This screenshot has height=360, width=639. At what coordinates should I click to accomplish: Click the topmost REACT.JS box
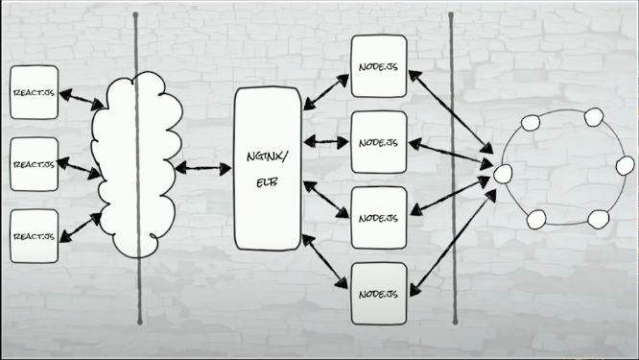(35, 92)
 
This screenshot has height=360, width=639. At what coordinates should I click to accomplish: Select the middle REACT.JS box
(35, 165)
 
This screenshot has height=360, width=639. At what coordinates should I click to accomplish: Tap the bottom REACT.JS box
(35, 237)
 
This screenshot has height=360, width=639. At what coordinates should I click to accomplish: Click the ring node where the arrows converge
(503, 174)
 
